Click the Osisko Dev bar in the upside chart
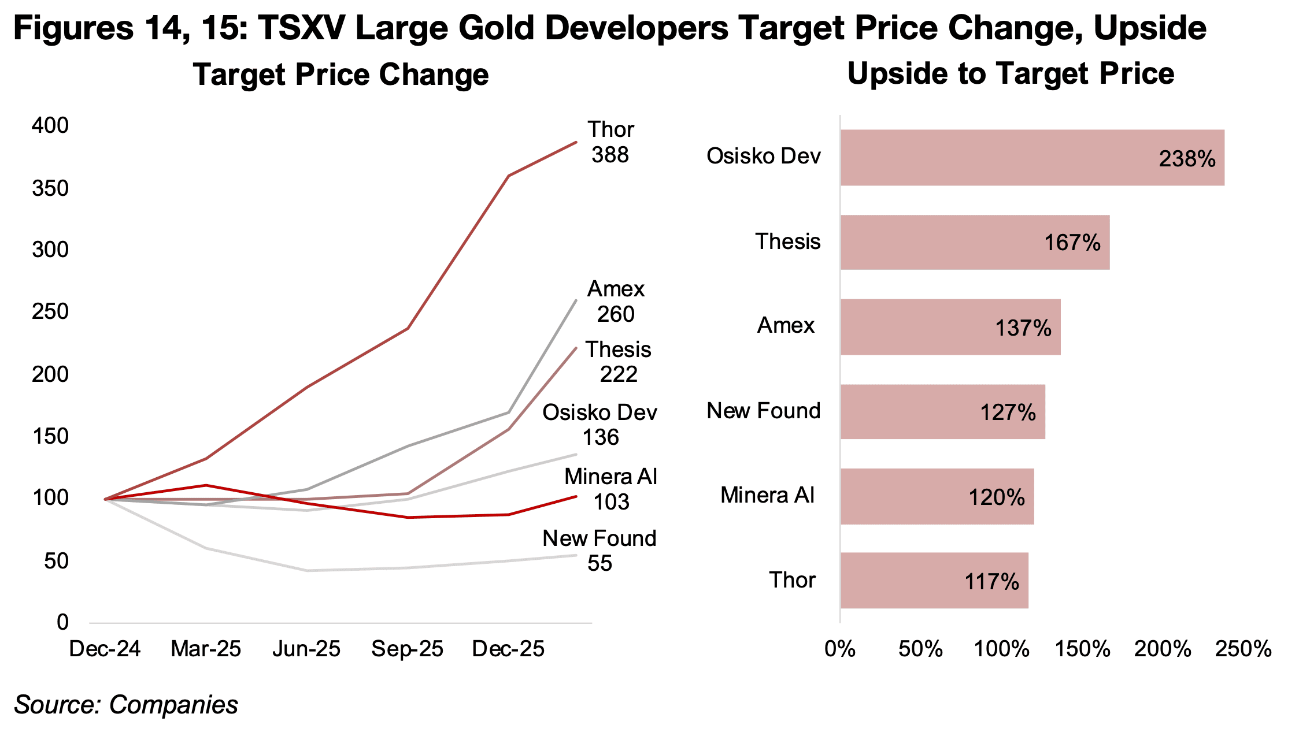(1032, 157)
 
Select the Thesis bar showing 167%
(975, 242)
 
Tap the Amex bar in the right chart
(950, 327)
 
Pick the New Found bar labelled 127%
(942, 412)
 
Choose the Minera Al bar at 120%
(937, 496)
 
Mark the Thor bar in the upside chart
(934, 581)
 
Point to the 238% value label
(1187, 159)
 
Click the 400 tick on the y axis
(50, 125)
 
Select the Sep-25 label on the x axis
(407, 649)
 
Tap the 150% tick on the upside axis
(1082, 649)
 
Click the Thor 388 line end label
(610, 142)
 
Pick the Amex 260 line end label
(616, 302)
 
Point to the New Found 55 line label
(600, 551)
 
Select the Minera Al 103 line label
(611, 489)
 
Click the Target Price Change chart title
(341, 75)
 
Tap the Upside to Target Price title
(1011, 74)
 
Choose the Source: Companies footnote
(126, 705)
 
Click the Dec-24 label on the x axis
(105, 649)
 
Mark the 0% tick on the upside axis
(840, 649)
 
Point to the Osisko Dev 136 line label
(600, 425)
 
